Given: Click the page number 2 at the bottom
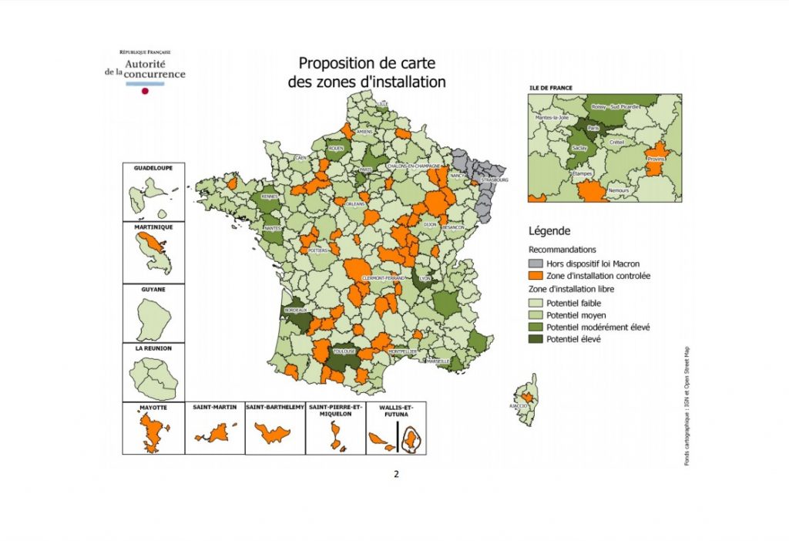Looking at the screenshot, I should (x=396, y=474).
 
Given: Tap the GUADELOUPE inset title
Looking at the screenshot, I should (x=153, y=167).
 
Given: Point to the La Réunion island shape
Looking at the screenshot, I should (x=153, y=378).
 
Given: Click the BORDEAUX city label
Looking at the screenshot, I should (x=296, y=310).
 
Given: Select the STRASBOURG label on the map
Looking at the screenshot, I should (x=491, y=180).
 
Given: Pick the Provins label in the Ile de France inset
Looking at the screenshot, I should (x=656, y=158).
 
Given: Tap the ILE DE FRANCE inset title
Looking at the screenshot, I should (x=550, y=88).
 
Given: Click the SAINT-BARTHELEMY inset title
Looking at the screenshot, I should (x=275, y=406).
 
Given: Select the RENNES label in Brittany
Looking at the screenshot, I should (x=270, y=196).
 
